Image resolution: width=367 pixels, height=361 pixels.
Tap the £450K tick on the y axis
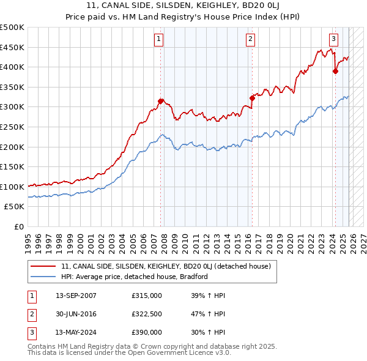(x=12, y=48)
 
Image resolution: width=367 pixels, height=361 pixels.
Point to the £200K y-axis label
(x=12, y=147)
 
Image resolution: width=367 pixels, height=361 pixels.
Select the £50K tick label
(x=15, y=207)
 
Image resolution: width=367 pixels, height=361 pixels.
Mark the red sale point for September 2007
(x=160, y=101)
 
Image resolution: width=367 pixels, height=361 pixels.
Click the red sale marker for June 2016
(x=252, y=98)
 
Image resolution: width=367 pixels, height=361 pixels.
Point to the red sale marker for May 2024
(x=335, y=71)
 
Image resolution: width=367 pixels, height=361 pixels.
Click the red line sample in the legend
(x=43, y=266)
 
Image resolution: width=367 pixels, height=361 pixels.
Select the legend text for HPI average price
(x=135, y=277)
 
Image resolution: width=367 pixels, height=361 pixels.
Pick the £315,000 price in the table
(x=147, y=296)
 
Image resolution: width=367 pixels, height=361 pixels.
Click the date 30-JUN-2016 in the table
(x=76, y=314)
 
